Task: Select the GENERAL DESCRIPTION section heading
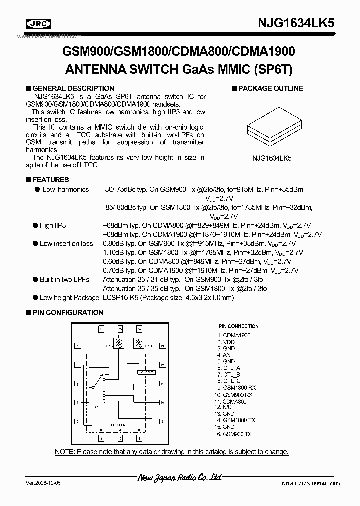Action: [73, 88]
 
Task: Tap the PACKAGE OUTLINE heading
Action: [270, 88]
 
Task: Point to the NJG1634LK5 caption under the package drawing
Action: [272, 157]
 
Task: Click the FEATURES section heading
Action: [50, 180]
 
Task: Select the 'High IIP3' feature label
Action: [53, 225]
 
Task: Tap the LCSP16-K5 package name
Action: [120, 297]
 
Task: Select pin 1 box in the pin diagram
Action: [78, 346]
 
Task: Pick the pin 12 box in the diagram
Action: [163, 365]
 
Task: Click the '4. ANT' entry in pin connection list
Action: [225, 355]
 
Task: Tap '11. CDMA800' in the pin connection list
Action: [231, 401]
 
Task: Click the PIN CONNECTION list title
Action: [239, 326]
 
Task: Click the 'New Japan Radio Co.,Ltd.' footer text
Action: [179, 479]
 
